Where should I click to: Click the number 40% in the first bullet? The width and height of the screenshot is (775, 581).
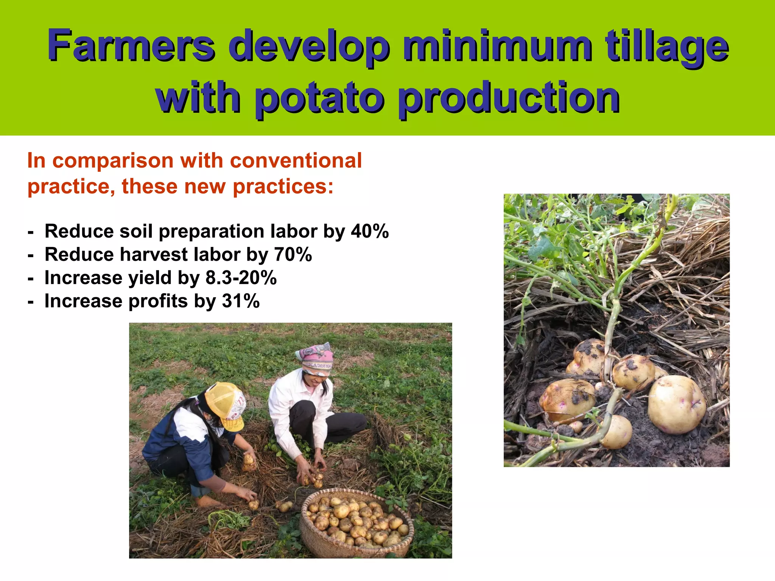pos(370,231)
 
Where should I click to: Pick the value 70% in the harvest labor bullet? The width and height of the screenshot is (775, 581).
pos(293,255)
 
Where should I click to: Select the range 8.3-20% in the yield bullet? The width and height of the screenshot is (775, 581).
pos(241,278)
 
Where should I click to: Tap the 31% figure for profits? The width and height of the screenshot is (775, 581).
pos(241,301)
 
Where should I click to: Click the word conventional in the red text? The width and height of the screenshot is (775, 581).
pos(296,160)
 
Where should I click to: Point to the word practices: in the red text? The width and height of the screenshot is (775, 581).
pos(283,186)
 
